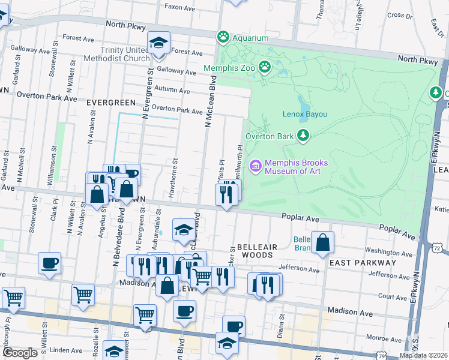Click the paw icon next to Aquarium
(x=223, y=37)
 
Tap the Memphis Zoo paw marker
(x=264, y=66)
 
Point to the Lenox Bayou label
(x=304, y=114)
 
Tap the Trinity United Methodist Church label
(x=125, y=54)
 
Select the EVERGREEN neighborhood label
(x=108, y=103)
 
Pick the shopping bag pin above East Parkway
(x=323, y=244)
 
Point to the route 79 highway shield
(x=382, y=356)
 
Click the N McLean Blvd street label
(x=210, y=102)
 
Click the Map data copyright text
(x=423, y=355)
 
